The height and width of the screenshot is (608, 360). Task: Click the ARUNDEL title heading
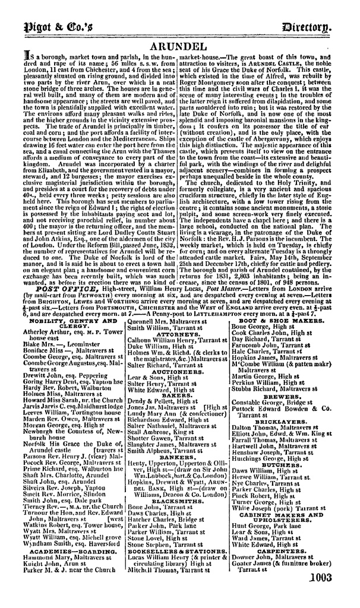[x=179, y=46]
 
